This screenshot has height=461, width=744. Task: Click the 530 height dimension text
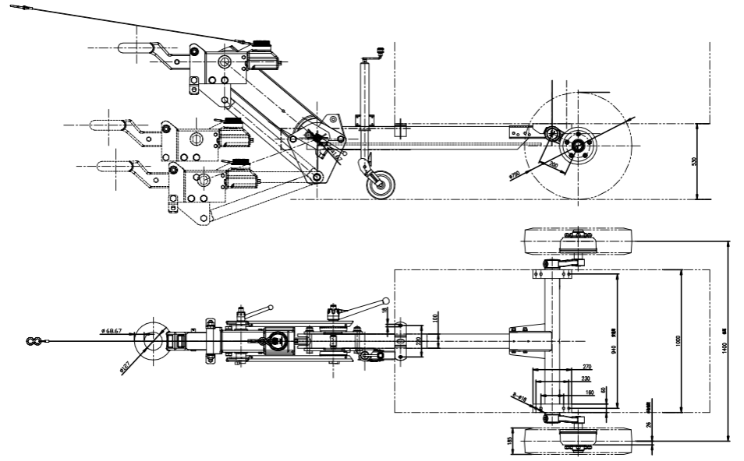tap(694, 161)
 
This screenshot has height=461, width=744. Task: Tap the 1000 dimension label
tap(678, 340)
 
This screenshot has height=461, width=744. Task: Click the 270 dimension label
tap(587, 366)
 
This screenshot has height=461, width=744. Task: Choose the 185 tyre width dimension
tap(509, 442)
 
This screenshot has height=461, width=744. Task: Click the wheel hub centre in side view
tap(578, 146)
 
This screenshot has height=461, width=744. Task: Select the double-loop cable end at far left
tap(33, 340)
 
